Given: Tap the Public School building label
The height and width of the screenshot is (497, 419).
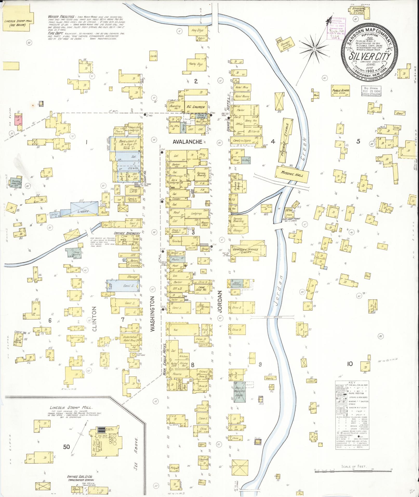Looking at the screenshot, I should tap(341, 90).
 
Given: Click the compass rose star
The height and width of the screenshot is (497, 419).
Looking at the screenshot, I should tap(314, 49).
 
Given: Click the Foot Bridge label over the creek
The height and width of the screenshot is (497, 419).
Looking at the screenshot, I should tap(276, 317).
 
